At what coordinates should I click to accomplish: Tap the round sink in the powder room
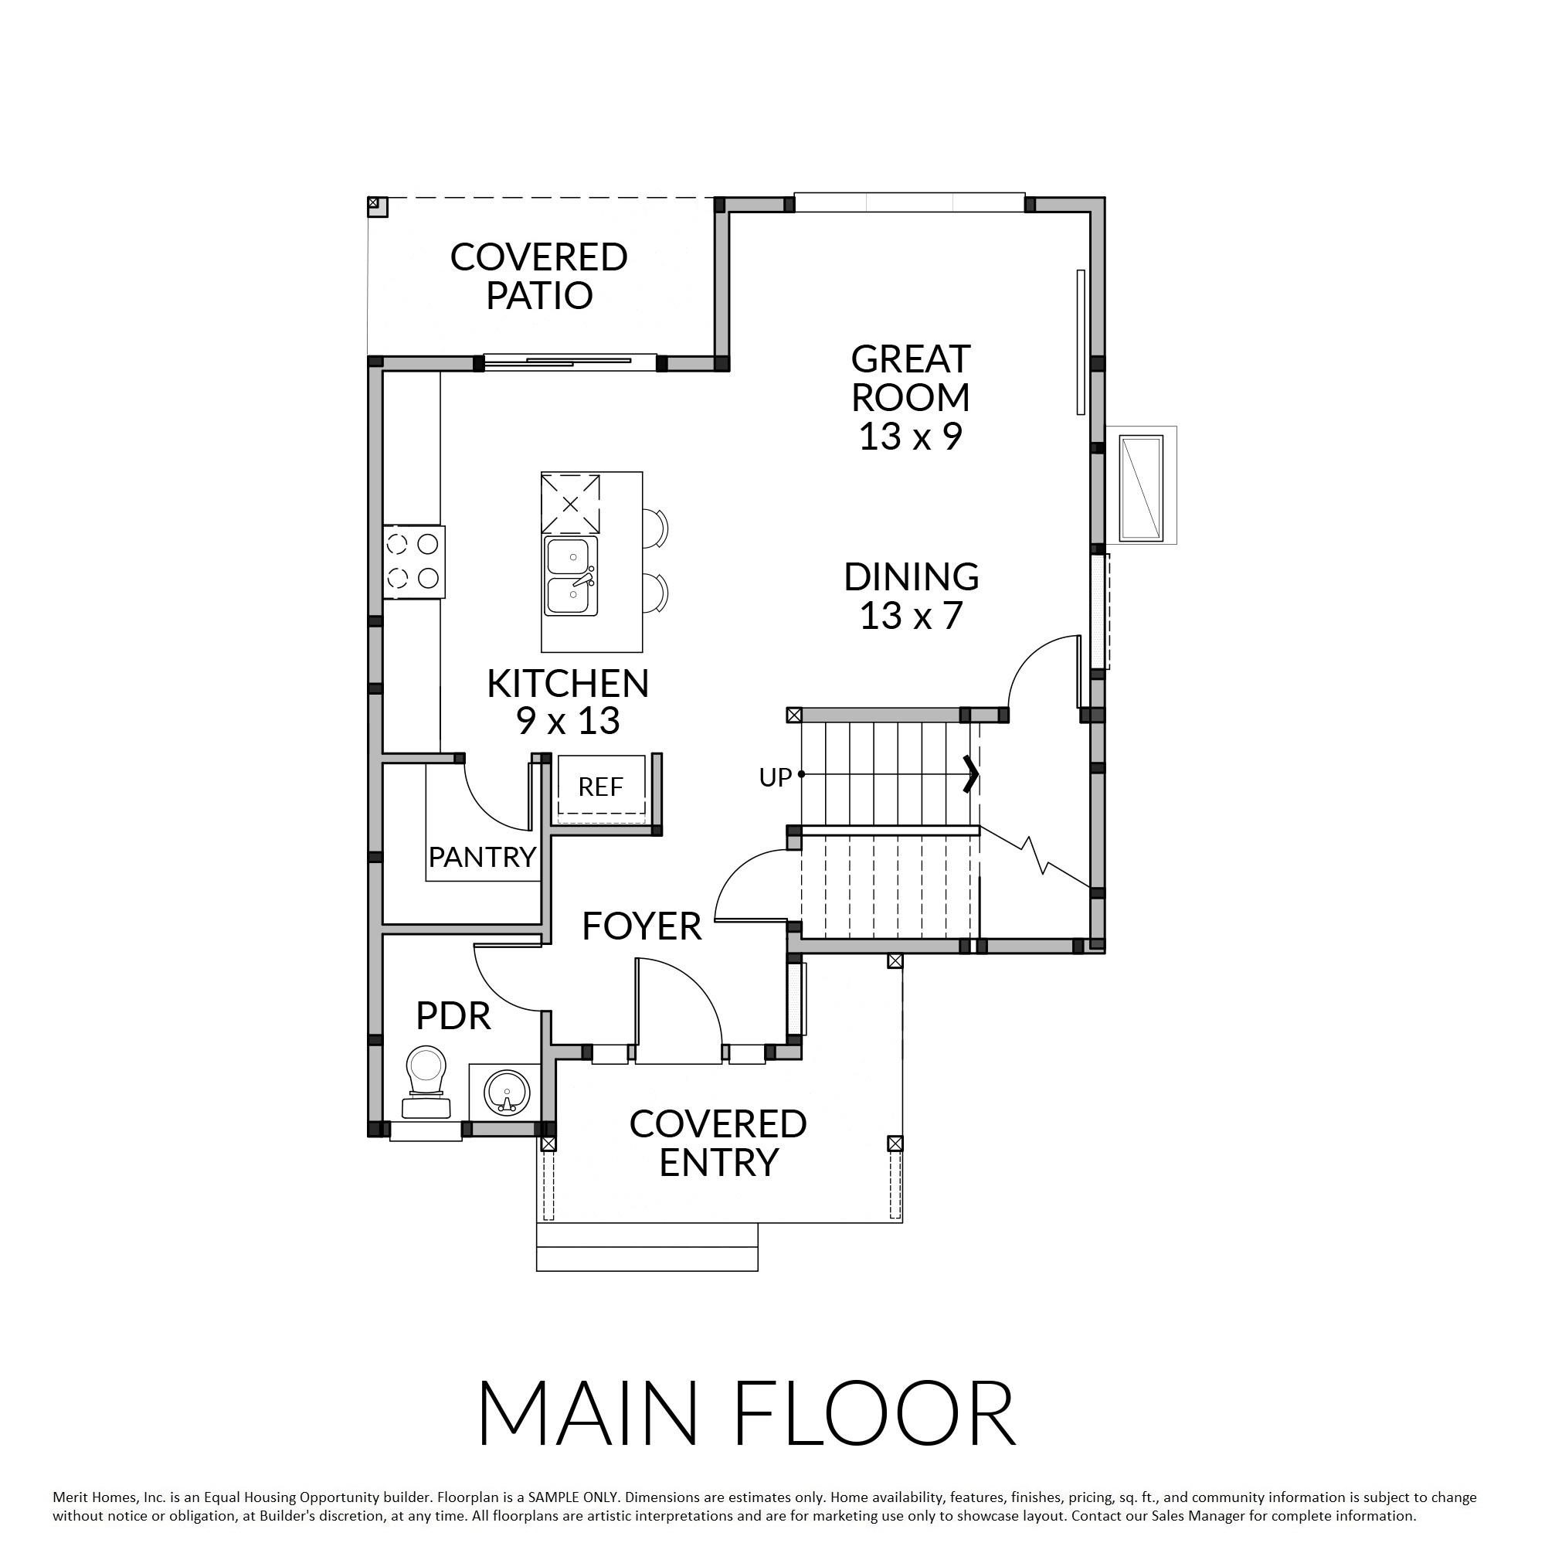506,1092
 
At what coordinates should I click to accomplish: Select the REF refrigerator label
600,787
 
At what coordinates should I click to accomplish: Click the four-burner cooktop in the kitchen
413,561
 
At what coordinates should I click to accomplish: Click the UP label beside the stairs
775,777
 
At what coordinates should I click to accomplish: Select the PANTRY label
483,857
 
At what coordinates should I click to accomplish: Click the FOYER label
642,926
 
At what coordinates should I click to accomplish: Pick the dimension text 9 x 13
569,721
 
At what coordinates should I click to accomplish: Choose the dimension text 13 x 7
912,616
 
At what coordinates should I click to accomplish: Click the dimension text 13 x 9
911,437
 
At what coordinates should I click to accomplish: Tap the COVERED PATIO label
538,276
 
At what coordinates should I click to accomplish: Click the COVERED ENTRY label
718,1143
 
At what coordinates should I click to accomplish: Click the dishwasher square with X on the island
571,504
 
